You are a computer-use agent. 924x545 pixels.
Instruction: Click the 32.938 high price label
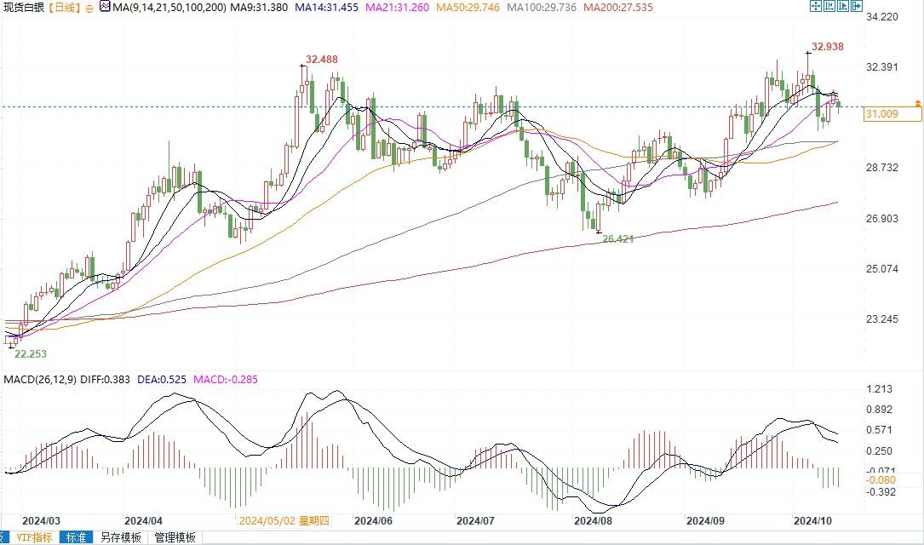(x=828, y=47)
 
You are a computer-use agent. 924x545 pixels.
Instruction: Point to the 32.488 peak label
(x=321, y=60)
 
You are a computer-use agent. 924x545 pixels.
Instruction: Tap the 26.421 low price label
(x=617, y=239)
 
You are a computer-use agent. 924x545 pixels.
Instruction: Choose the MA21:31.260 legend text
(x=393, y=7)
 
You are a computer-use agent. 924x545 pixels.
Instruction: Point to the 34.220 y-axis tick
(x=882, y=17)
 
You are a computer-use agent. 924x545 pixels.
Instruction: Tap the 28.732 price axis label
(x=882, y=168)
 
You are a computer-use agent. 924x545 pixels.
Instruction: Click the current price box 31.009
(x=882, y=113)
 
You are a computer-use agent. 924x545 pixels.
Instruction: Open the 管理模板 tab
(x=175, y=537)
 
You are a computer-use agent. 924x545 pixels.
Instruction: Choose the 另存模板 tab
(x=120, y=537)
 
